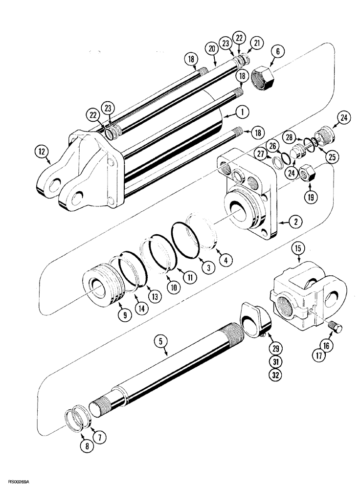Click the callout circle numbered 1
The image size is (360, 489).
pyautogui.click(x=240, y=112)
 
